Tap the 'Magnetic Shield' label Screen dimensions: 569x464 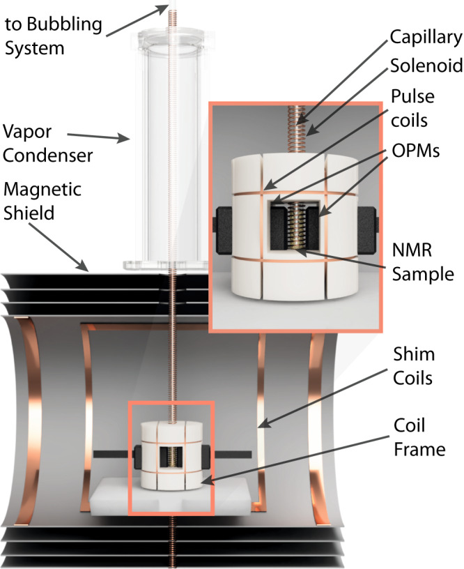(42, 200)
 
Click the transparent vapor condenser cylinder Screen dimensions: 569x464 (166, 139)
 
